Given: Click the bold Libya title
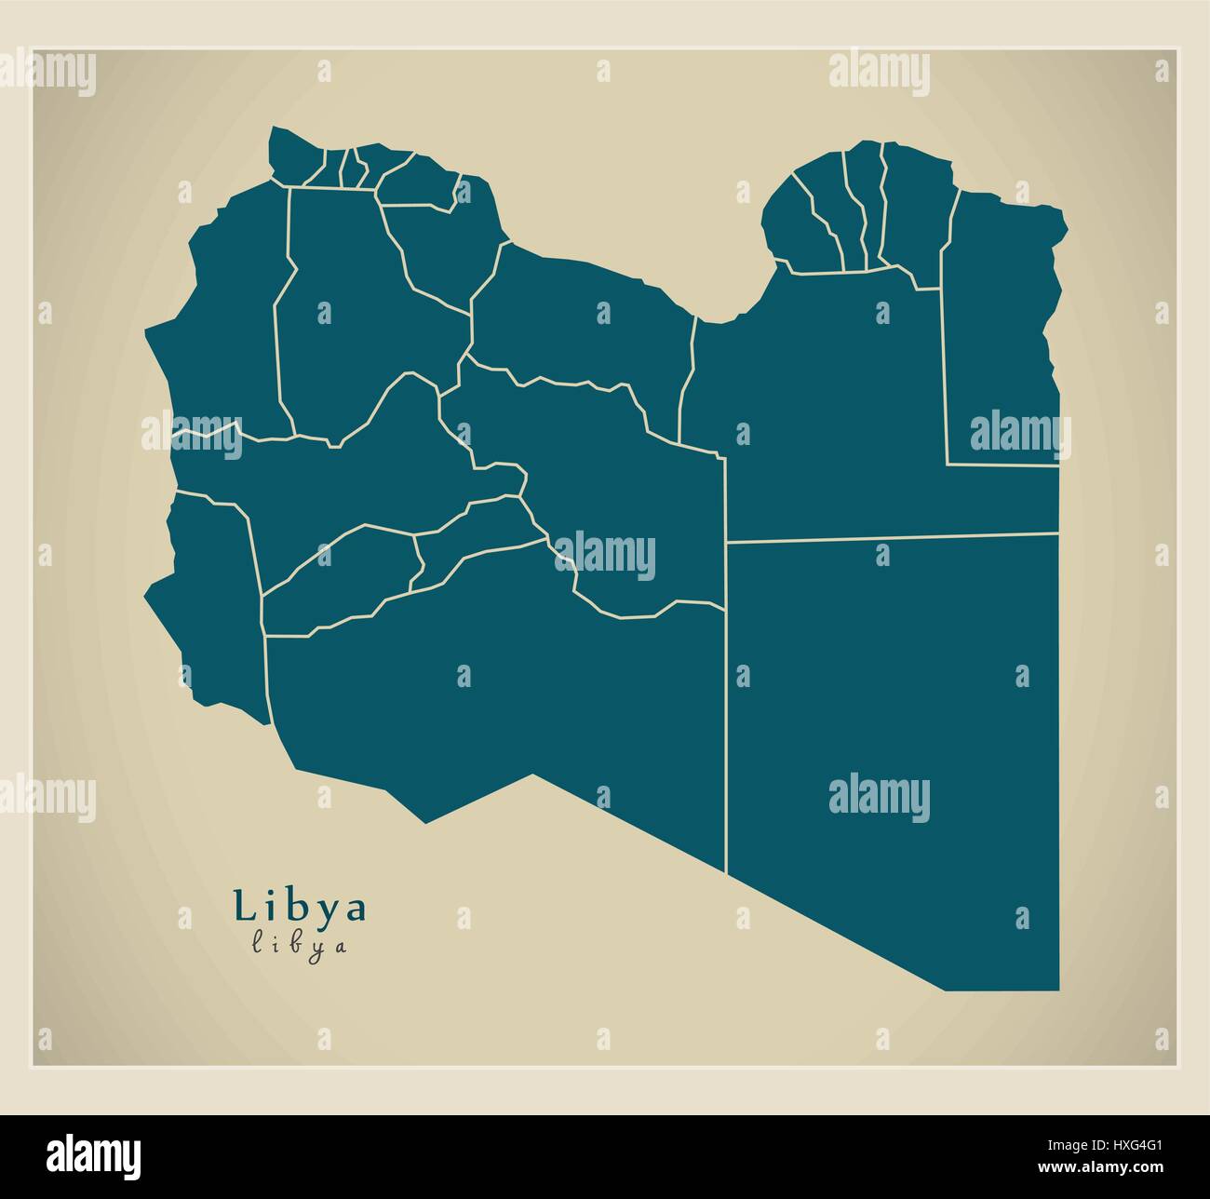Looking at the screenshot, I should click(x=300, y=907).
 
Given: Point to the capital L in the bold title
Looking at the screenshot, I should click(x=244, y=906).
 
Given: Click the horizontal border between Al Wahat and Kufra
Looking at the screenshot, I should click(x=894, y=537).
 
